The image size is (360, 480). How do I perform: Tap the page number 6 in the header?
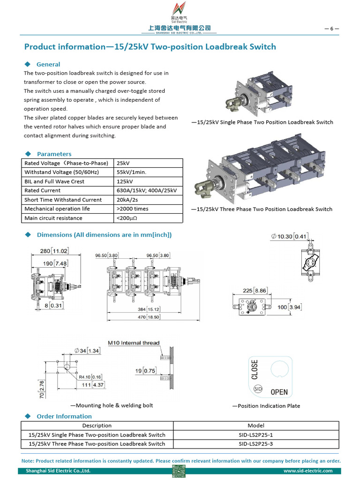331,29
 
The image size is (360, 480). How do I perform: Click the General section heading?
48,64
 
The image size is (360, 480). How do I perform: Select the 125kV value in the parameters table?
125,181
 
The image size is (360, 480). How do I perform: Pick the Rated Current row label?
42,190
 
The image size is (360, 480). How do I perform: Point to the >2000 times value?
133,209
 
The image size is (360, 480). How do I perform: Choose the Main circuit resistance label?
53,218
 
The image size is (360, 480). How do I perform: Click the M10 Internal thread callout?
134,343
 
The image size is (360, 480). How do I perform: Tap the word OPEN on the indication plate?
279,392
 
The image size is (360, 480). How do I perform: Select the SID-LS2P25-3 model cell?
256,443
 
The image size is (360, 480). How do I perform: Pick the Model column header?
256,426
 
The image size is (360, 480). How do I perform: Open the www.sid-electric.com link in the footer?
308,471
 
